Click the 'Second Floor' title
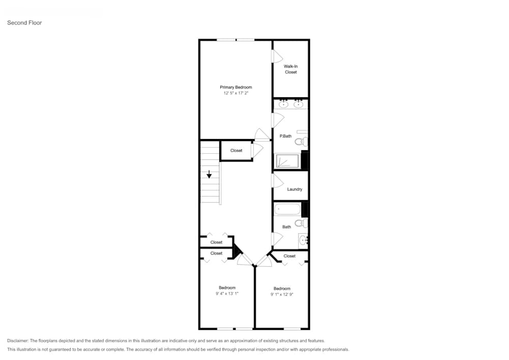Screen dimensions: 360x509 (x=24, y=23)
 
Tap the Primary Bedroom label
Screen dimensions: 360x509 (x=236, y=88)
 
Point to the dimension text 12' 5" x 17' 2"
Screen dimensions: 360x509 (x=236, y=94)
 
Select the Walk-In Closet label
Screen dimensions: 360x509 (x=291, y=69)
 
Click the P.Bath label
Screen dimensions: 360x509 (x=286, y=136)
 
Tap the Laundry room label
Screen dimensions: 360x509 (x=295, y=189)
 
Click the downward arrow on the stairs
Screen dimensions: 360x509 (x=209, y=175)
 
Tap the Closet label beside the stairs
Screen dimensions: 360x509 (x=236, y=151)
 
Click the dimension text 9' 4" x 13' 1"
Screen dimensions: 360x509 (x=227, y=294)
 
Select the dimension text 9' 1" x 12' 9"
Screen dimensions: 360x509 (x=282, y=294)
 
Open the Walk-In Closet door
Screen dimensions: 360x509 (x=277, y=56)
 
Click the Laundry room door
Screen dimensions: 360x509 (x=278, y=180)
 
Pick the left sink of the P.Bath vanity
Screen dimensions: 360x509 (x=284, y=104)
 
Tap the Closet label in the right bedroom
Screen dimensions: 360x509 (x=290, y=256)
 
